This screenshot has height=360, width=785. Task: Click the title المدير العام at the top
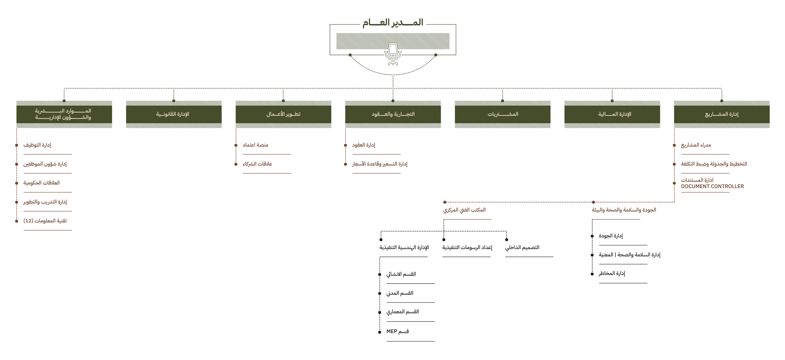pos(393,23)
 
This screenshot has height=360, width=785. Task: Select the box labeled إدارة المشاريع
pos(722,114)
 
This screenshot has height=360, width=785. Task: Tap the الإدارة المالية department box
pos(612,114)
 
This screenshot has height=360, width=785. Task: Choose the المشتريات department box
pos(503,114)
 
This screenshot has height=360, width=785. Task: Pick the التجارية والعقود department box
pos(393,114)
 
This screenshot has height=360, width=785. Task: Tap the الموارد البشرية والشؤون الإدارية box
pos(64,114)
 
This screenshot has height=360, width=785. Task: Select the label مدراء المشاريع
pos(696,145)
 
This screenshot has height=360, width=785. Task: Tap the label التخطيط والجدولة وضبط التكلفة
pos(714,164)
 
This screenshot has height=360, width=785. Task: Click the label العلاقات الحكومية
pos(41,183)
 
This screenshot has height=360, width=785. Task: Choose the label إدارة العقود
pos(364,145)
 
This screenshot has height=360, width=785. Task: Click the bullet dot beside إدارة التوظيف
pos(16,145)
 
